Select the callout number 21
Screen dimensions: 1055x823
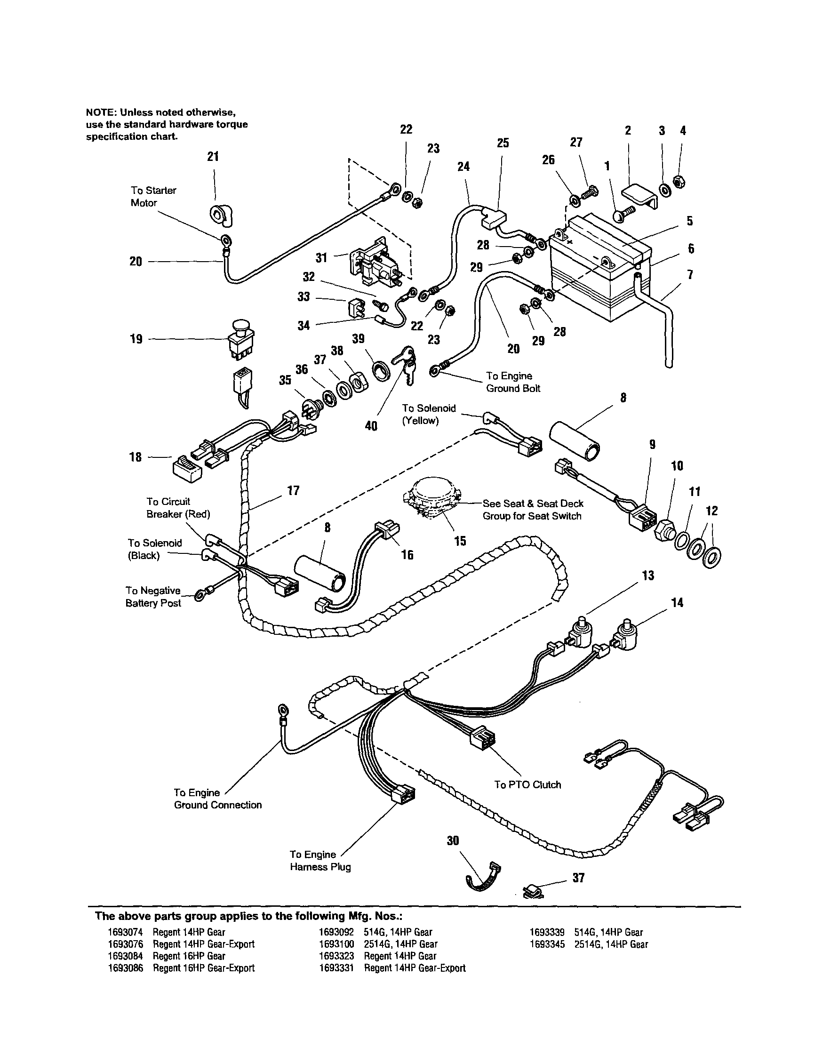pos(213,156)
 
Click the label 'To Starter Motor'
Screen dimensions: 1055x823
pos(153,197)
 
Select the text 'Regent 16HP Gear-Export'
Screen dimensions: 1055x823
pos(203,967)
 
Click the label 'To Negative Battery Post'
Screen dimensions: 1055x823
pos(153,597)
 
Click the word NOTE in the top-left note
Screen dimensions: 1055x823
pos(100,112)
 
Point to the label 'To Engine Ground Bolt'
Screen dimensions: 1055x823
pos(512,382)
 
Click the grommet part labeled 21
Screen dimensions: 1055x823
pos(222,215)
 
